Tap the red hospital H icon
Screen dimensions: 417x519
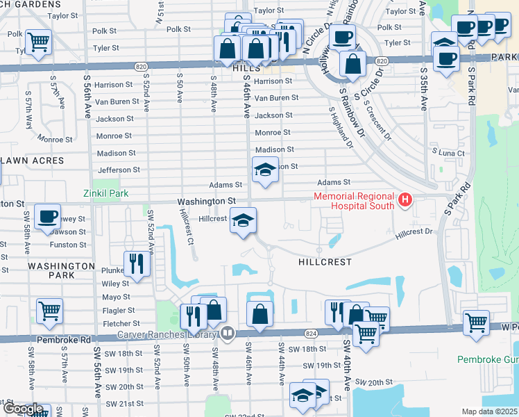pos(406,202)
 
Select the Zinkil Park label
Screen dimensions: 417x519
pos(105,193)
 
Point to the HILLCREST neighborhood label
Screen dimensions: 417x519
pos(325,262)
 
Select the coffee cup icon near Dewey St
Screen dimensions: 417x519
pos(47,217)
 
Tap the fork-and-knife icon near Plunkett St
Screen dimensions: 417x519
pos(137,263)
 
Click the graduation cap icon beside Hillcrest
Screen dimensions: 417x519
pos(242,220)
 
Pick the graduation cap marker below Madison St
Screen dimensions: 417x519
pos(264,170)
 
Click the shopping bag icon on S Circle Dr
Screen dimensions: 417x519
pos(353,65)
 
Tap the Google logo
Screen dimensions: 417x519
pos(23,409)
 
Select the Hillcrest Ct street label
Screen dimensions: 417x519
pos(187,229)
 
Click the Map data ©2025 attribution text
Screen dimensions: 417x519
pos(489,411)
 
